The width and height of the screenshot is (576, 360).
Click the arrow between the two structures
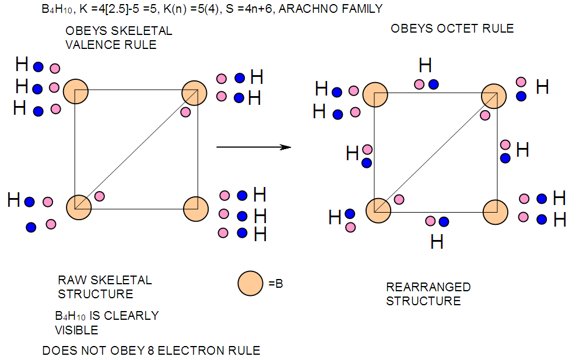coord(254,147)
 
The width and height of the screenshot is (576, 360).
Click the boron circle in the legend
coord(251,284)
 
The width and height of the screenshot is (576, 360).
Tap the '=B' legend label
coord(276,284)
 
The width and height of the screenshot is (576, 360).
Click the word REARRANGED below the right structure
coord(428,287)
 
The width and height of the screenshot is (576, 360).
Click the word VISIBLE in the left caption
coord(76,330)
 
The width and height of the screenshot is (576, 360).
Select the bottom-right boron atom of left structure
coord(195,207)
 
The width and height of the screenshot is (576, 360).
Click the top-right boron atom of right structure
coord(494,96)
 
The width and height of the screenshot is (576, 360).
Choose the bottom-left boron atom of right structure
coord(378,210)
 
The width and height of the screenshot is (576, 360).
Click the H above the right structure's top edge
coord(426,65)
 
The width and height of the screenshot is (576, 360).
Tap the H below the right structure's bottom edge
coord(437,241)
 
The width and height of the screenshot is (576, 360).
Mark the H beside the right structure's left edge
coord(352,154)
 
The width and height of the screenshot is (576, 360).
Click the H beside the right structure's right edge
coord(522,150)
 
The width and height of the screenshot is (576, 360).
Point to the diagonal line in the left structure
coord(136,149)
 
